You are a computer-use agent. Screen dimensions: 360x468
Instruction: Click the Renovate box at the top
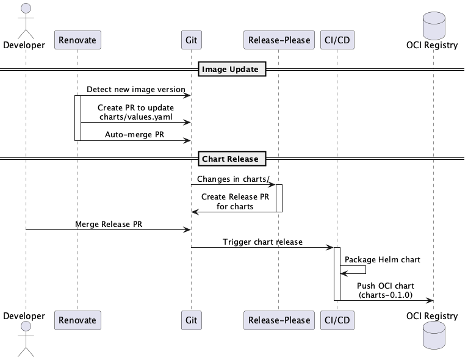tap(77, 41)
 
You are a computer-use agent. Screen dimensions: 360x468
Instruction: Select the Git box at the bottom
tap(191, 320)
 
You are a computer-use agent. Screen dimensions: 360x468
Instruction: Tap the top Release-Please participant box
tap(278, 41)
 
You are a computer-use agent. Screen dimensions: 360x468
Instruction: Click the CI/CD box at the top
tap(337, 41)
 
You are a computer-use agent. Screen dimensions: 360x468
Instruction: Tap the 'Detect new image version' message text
tap(135, 89)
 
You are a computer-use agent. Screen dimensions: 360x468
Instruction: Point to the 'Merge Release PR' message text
tap(109, 224)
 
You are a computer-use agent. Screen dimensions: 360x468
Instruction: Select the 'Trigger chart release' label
tap(262, 242)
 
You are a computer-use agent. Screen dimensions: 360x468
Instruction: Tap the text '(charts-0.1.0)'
tap(385, 295)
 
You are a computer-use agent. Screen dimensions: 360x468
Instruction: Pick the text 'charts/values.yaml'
tap(135, 117)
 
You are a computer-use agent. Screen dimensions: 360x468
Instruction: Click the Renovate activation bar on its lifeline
tap(77, 117)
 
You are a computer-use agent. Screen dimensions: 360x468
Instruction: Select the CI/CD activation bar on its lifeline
tap(337, 273)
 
